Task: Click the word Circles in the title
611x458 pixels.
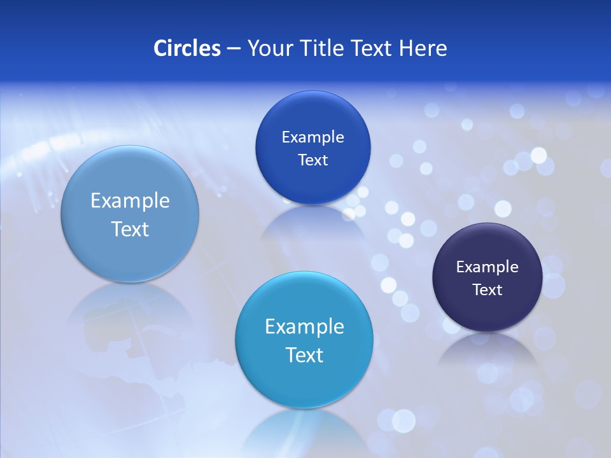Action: click(x=187, y=48)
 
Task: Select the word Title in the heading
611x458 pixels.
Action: click(x=321, y=48)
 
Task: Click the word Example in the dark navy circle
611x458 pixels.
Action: click(x=487, y=267)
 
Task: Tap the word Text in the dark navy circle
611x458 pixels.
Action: click(x=487, y=290)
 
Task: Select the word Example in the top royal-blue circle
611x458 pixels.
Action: click(x=313, y=137)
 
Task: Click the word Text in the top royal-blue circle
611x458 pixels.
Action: click(x=313, y=160)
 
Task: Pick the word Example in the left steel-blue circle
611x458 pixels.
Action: click(x=130, y=201)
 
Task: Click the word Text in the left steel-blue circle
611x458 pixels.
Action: click(x=130, y=229)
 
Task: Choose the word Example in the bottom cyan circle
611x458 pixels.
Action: click(x=304, y=327)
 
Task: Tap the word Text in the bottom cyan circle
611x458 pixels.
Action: click(x=304, y=355)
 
